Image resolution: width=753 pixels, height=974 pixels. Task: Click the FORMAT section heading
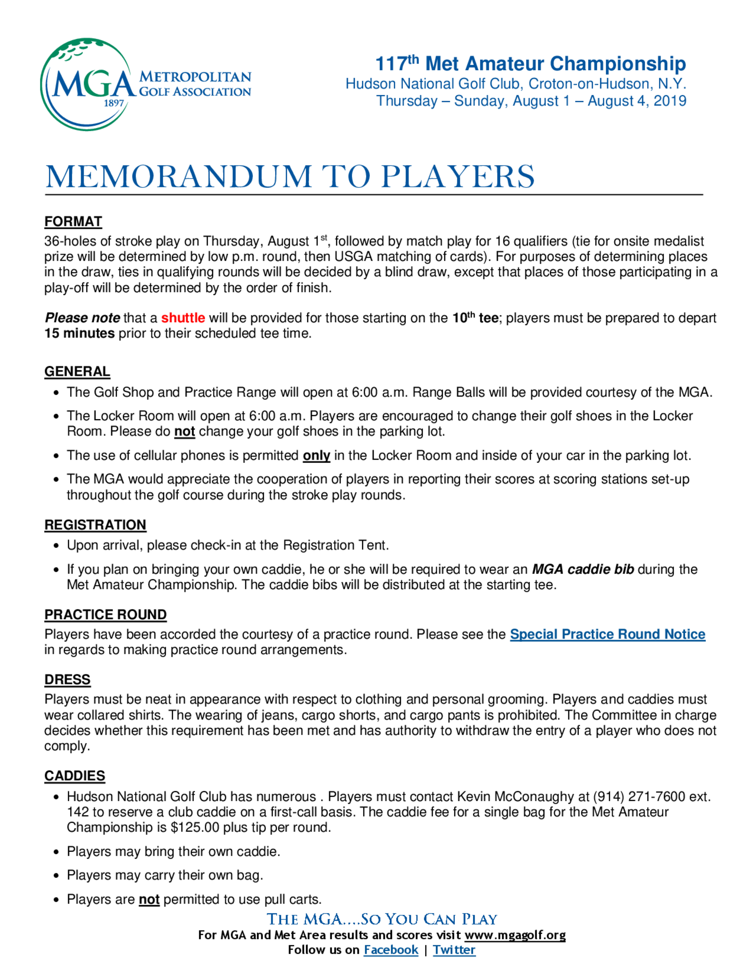coord(73,222)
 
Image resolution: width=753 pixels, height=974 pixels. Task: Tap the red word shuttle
coord(183,318)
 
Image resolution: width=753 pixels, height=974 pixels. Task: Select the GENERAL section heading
coord(77,371)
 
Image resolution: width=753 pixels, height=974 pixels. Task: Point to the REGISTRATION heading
coord(95,525)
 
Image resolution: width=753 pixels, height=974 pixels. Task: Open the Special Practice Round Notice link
coord(607,634)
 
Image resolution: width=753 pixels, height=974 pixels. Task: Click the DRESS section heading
coord(67,680)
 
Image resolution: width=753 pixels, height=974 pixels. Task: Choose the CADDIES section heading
coord(75,776)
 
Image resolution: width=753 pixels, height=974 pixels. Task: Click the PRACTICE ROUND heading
coord(105,615)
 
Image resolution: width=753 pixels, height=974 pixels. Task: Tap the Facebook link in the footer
coord(391,950)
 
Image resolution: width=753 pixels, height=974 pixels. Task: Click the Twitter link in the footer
coord(454,950)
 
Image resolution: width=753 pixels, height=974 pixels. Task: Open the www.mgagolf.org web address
coord(515,935)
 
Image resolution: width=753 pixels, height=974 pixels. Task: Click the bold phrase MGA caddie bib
coord(582,569)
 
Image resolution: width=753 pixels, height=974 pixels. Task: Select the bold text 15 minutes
coord(79,333)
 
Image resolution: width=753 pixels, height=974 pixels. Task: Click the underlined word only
coord(316,456)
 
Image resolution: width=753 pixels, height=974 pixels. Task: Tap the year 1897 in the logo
coord(114,103)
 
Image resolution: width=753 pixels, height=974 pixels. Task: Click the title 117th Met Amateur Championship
coord(530,64)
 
